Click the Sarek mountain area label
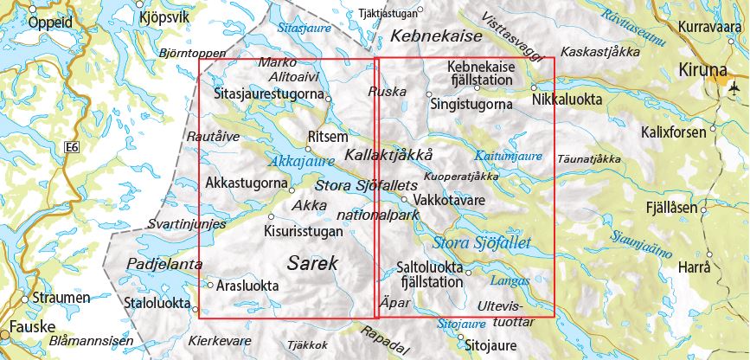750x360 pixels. [x=313, y=263]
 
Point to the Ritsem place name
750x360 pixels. [x=327, y=138]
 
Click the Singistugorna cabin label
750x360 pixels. [x=471, y=104]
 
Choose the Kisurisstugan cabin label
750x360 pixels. [x=303, y=231]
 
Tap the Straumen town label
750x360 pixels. [x=61, y=298]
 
